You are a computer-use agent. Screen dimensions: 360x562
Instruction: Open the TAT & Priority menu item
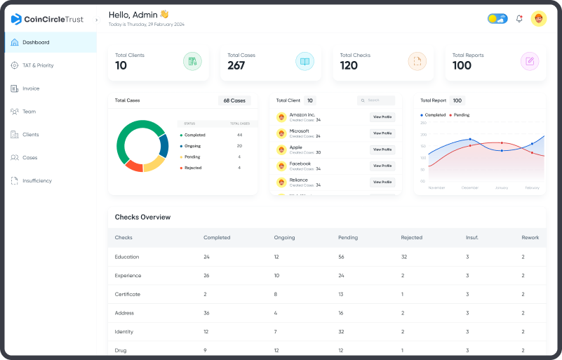pyautogui.click(x=37, y=66)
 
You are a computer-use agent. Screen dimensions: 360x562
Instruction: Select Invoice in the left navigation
pyautogui.click(x=30, y=88)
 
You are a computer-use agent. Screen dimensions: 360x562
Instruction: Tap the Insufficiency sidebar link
pyautogui.click(x=36, y=181)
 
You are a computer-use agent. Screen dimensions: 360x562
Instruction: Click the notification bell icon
pyautogui.click(x=519, y=19)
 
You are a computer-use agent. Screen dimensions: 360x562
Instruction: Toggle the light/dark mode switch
pyautogui.click(x=497, y=19)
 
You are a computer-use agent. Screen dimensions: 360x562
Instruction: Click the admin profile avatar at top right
pyautogui.click(x=539, y=19)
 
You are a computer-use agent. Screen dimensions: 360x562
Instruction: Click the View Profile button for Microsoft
pyautogui.click(x=382, y=133)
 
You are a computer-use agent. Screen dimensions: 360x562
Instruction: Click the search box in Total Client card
pyautogui.click(x=376, y=100)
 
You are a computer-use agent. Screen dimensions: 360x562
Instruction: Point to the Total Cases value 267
pyautogui.click(x=236, y=66)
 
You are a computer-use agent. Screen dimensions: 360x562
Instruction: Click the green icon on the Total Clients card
pyautogui.click(x=192, y=62)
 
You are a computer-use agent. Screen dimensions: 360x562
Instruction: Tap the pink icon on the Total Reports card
pyautogui.click(x=530, y=62)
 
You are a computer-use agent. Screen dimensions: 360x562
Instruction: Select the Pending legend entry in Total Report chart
pyautogui.click(x=461, y=115)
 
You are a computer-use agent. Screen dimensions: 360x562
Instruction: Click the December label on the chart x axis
pyautogui.click(x=469, y=188)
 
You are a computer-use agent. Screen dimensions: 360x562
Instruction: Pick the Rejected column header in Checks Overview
pyautogui.click(x=411, y=238)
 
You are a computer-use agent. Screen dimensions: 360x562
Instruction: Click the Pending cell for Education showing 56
pyautogui.click(x=342, y=257)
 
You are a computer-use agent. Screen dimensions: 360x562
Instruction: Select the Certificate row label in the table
pyautogui.click(x=128, y=294)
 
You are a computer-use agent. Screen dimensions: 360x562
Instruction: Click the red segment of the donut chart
pyautogui.click(x=133, y=166)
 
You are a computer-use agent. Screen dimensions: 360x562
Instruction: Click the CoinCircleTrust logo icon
pyautogui.click(x=17, y=19)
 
